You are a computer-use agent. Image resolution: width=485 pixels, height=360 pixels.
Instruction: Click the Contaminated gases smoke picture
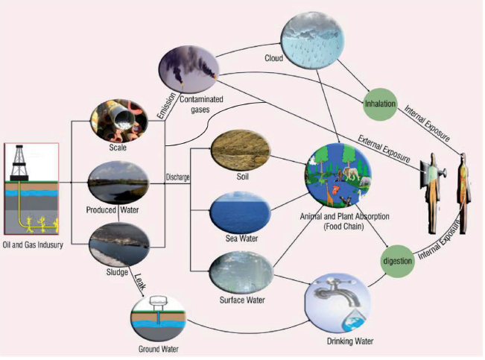tap(187, 69)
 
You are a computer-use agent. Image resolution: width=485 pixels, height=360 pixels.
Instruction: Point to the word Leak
tap(139, 281)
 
